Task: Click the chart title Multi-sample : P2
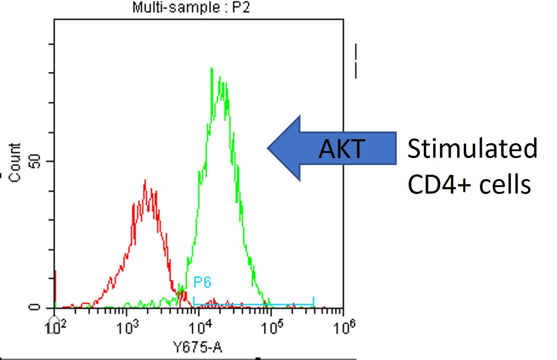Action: point(191,7)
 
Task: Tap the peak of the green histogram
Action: point(211,68)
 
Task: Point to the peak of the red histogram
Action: point(145,180)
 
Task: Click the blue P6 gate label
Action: point(202,282)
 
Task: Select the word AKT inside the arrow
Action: point(342,149)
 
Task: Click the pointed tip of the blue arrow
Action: point(268,148)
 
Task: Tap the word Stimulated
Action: point(472,149)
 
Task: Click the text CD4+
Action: point(439,184)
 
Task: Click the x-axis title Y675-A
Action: point(198,348)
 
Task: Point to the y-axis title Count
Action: point(15,162)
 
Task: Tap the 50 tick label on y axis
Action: point(35,161)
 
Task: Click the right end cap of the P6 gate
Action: point(313,302)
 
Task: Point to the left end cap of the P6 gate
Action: point(194,302)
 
